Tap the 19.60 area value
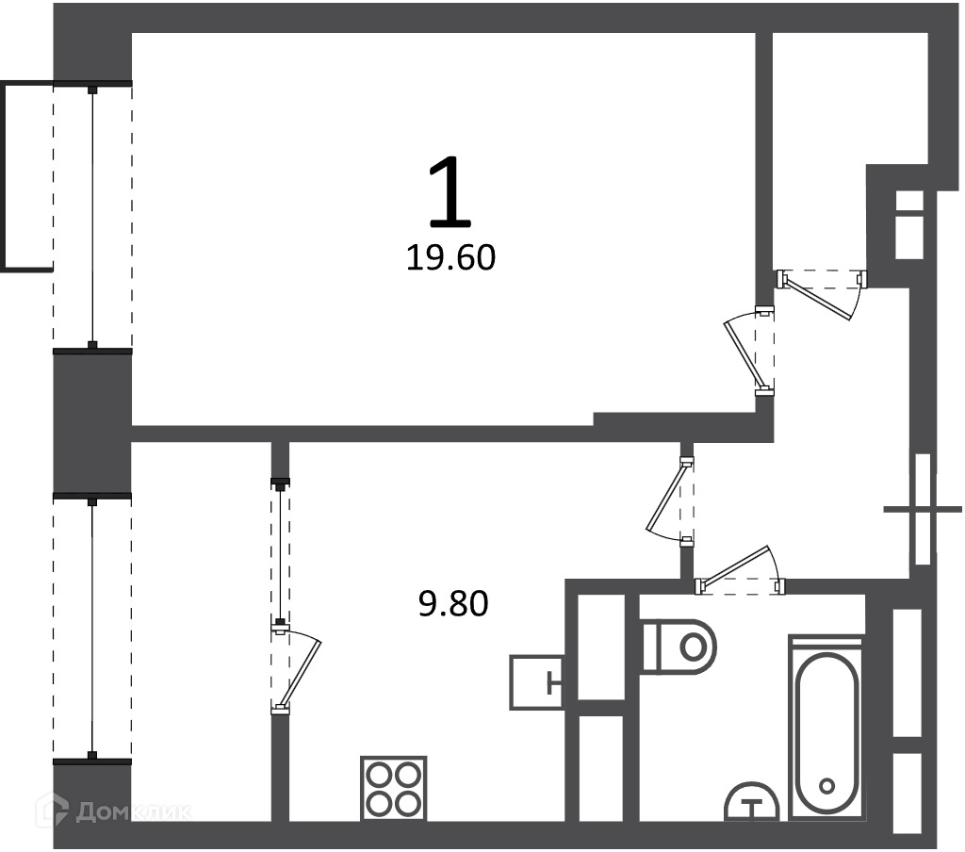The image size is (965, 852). [x=450, y=258]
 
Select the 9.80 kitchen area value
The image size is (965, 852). [x=453, y=603]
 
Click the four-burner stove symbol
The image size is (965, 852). [x=393, y=789]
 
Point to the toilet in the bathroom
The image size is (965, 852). [x=679, y=647]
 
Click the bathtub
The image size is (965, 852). [x=826, y=729]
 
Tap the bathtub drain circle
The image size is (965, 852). [x=826, y=786]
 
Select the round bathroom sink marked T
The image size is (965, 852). [x=751, y=802]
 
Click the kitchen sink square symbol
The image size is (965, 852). [x=536, y=682]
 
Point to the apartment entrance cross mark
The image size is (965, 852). [x=923, y=509]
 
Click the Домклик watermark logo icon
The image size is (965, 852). [x=52, y=809]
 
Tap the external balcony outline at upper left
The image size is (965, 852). [x=26, y=176]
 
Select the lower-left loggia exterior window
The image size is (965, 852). [x=92, y=629]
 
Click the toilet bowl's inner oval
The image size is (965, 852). [x=693, y=647]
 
